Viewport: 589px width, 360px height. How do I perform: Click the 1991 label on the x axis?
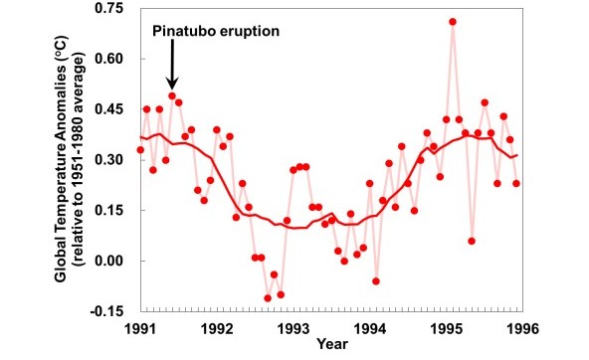140,327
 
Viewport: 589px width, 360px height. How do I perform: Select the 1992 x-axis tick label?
217,327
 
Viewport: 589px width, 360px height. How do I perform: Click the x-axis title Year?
332,345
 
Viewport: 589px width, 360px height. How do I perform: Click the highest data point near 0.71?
453,22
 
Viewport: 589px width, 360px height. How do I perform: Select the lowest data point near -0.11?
268,297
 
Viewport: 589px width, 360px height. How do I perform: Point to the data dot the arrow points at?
172,96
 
